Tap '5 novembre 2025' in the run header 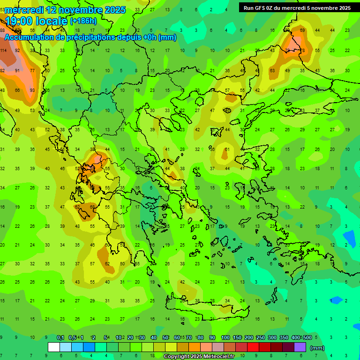point(329,8)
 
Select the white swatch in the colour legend point(54,347)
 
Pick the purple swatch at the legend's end point(300,347)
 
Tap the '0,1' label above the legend point(60,337)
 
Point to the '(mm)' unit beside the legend point(317,348)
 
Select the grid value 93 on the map point(32,90)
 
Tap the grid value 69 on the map point(302,30)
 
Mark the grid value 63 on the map point(272,70)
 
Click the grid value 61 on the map point(227,150)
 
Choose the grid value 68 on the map point(92,207)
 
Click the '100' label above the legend point(225,337)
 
